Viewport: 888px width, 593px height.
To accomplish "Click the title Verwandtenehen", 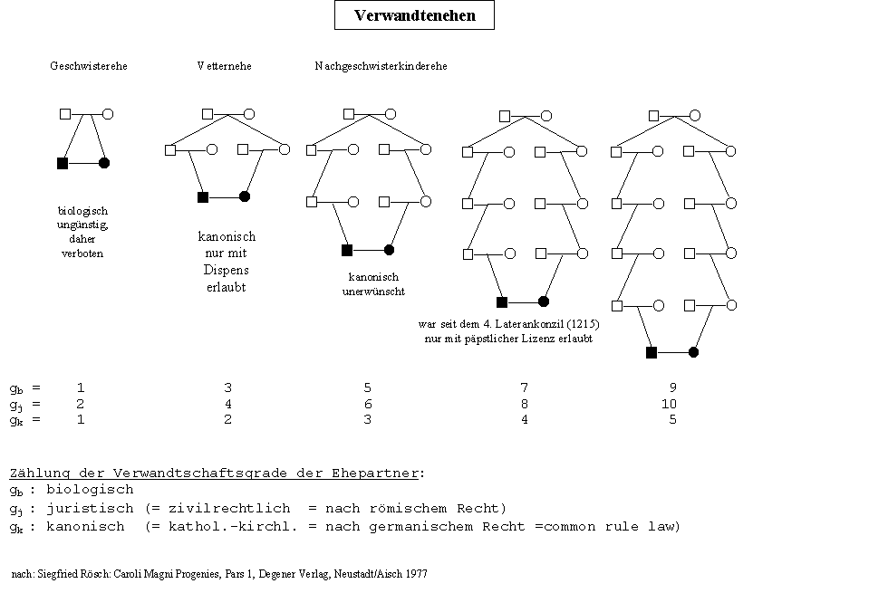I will (x=414, y=15).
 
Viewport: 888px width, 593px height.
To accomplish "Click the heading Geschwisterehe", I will (x=89, y=66).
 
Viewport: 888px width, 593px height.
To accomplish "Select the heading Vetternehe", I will (x=224, y=66).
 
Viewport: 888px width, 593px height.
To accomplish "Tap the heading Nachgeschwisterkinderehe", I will (x=381, y=66).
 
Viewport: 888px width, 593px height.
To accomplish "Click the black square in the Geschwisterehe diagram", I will (x=63, y=163).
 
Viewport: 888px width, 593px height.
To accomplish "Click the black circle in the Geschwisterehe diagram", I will (x=104, y=163).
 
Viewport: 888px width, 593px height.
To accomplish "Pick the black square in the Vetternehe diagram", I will (x=203, y=196).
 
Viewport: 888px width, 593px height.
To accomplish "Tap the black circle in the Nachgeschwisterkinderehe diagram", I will (x=389, y=250).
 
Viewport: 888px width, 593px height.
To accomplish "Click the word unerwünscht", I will (x=373, y=292).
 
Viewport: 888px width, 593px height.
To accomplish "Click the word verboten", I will (x=82, y=253).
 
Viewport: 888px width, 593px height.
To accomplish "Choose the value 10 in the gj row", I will (x=670, y=404).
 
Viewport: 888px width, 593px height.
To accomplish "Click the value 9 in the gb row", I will (x=672, y=387).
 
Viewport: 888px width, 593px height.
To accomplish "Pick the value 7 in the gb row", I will (x=524, y=387).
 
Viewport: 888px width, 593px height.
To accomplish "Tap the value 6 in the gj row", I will (x=367, y=404).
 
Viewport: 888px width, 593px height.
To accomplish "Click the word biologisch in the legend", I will (x=95, y=490).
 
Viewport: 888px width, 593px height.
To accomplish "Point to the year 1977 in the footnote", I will (x=416, y=574).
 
